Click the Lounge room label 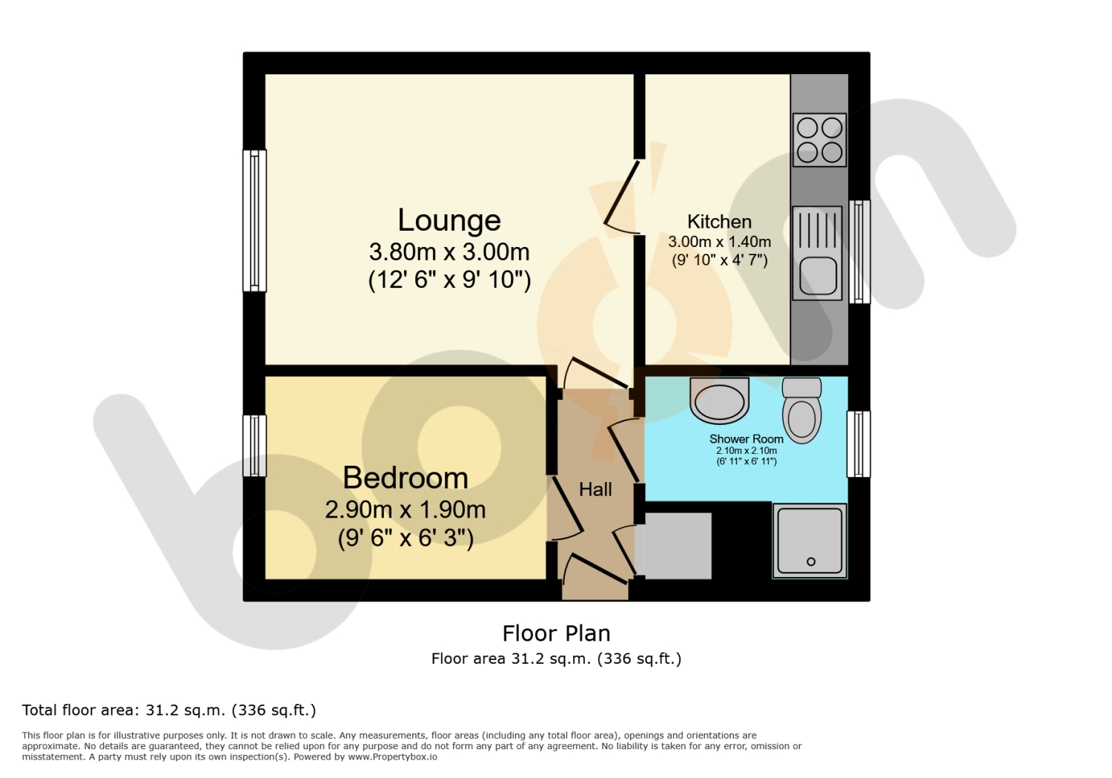pos(449,220)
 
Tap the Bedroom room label pos(406,478)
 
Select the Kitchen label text pos(719,222)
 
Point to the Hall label pos(595,489)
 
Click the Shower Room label pos(746,439)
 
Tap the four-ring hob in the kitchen pos(820,140)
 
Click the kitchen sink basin pos(817,274)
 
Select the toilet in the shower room pos(801,411)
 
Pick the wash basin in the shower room pos(719,400)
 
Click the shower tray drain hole pos(811,561)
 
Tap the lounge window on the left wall pos(255,220)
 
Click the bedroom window pos(255,446)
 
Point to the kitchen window pos(859,251)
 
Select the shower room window pos(858,444)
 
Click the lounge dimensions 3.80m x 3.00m pos(449,252)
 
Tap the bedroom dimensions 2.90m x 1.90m pos(405,510)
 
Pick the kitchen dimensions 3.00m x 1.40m pos(719,242)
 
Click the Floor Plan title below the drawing pos(556,633)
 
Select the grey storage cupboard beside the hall pos(673,546)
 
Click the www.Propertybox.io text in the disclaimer pos(392,757)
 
